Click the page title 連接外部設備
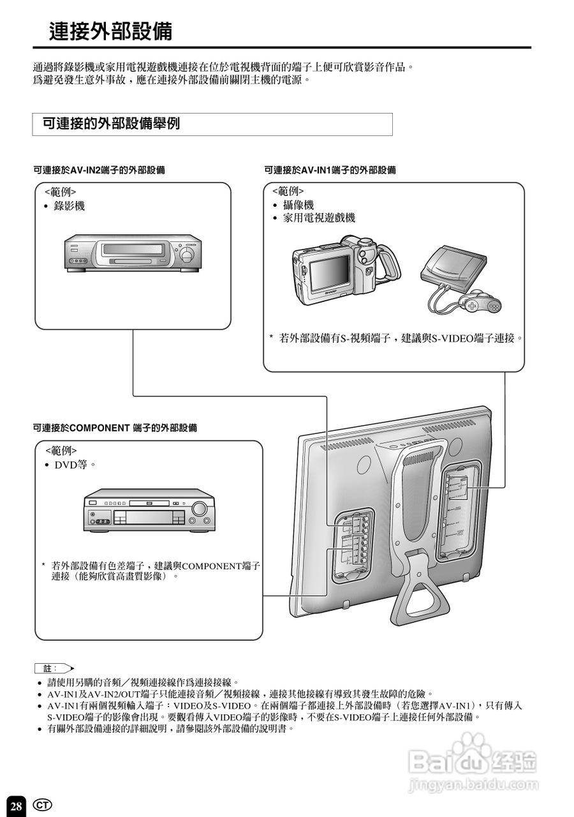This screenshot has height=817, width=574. [111, 31]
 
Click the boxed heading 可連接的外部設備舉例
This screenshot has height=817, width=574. [111, 124]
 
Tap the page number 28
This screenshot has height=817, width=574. [17, 806]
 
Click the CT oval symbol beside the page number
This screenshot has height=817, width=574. [42, 804]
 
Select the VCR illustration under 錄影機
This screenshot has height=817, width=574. [131, 254]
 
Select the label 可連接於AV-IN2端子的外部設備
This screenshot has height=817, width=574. [99, 170]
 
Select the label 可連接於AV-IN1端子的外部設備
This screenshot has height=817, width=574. [330, 170]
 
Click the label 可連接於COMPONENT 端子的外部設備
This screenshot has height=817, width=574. [115, 428]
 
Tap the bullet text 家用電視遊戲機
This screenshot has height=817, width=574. [319, 218]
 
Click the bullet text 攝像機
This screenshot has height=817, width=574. [298, 205]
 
